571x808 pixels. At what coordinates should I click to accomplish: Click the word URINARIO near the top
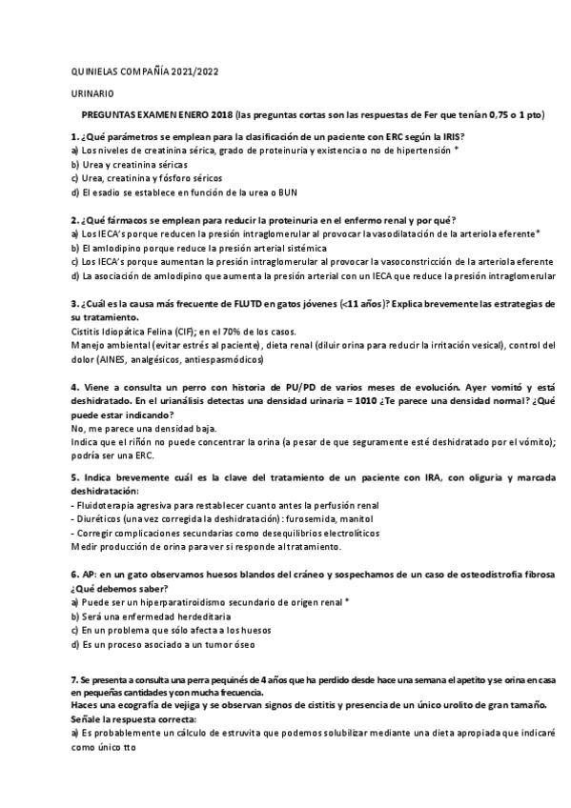[93, 93]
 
